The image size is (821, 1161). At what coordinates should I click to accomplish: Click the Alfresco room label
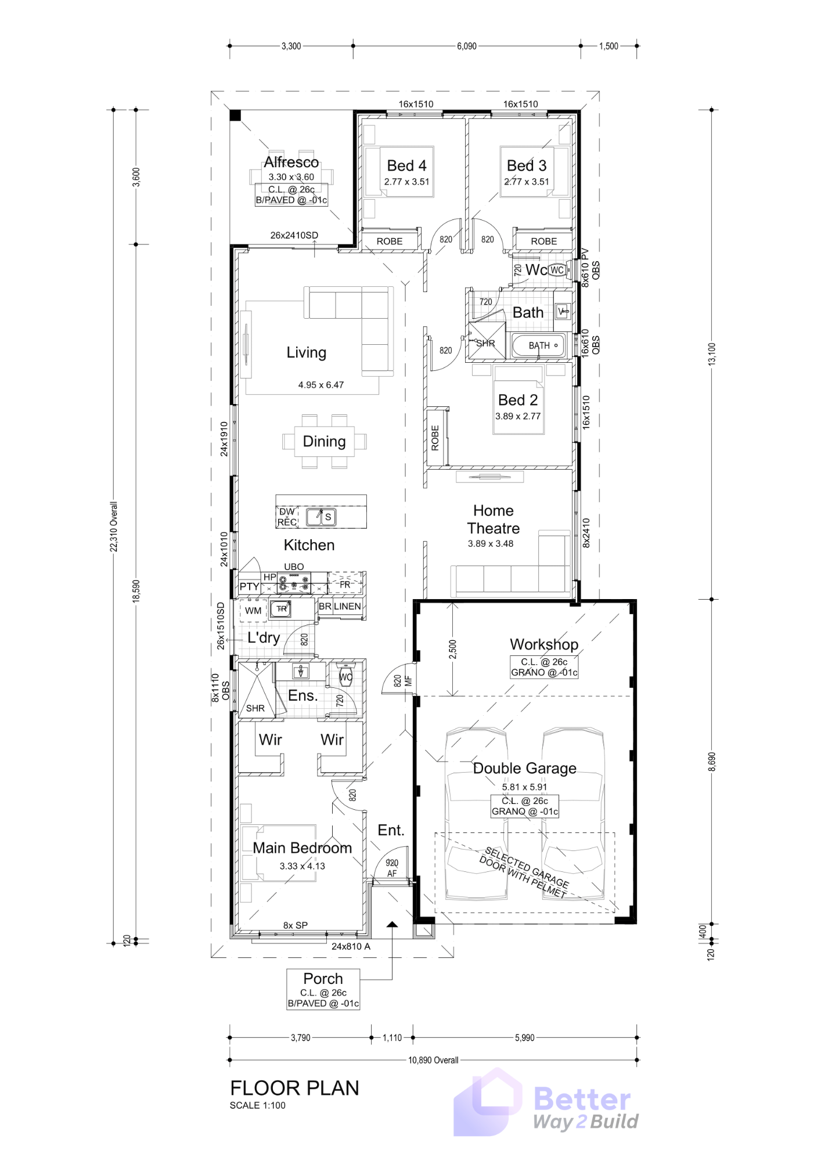(x=291, y=162)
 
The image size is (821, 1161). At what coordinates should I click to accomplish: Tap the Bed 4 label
(x=406, y=166)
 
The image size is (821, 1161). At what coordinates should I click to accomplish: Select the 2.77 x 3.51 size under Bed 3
(x=527, y=182)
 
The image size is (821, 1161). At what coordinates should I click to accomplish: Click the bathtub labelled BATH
(x=538, y=345)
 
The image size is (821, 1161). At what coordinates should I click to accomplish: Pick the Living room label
(x=306, y=352)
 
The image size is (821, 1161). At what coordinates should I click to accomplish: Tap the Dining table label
(x=324, y=441)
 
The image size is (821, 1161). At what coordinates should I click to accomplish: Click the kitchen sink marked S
(x=327, y=517)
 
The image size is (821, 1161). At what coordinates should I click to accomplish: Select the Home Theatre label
(x=493, y=520)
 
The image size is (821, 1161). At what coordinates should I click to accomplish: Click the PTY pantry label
(x=249, y=586)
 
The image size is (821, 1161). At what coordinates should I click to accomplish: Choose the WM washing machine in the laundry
(x=253, y=611)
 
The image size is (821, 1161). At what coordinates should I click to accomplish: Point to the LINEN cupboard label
(x=347, y=606)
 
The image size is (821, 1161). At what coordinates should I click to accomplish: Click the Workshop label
(x=543, y=644)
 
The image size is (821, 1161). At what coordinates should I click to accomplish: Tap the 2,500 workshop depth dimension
(x=453, y=649)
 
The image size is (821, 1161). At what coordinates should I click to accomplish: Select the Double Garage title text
(x=524, y=768)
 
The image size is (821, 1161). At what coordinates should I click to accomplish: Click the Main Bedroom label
(x=302, y=848)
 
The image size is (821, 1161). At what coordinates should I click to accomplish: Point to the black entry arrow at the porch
(x=392, y=924)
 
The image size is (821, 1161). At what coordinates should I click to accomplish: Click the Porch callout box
(x=323, y=990)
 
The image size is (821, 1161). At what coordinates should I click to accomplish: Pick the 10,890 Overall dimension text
(x=433, y=1060)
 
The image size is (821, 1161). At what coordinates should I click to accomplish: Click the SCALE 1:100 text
(x=257, y=1105)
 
